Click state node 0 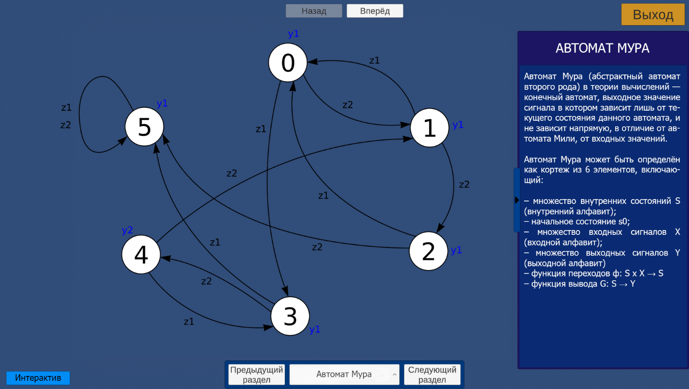point(288,62)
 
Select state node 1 point(429,128)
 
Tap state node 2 point(428,251)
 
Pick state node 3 point(290,316)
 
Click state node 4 point(141,255)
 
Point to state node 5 point(144,127)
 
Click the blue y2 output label point(127,230)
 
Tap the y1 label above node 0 point(294,33)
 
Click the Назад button point(314,11)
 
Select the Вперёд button point(375,11)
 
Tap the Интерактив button point(38,377)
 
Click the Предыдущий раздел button point(256,375)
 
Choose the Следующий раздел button point(432,375)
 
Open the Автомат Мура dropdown point(345,375)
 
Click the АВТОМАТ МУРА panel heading point(602,48)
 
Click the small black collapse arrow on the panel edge point(517,200)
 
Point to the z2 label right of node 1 point(464,184)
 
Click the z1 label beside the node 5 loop point(67,107)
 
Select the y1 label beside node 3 point(315,329)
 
